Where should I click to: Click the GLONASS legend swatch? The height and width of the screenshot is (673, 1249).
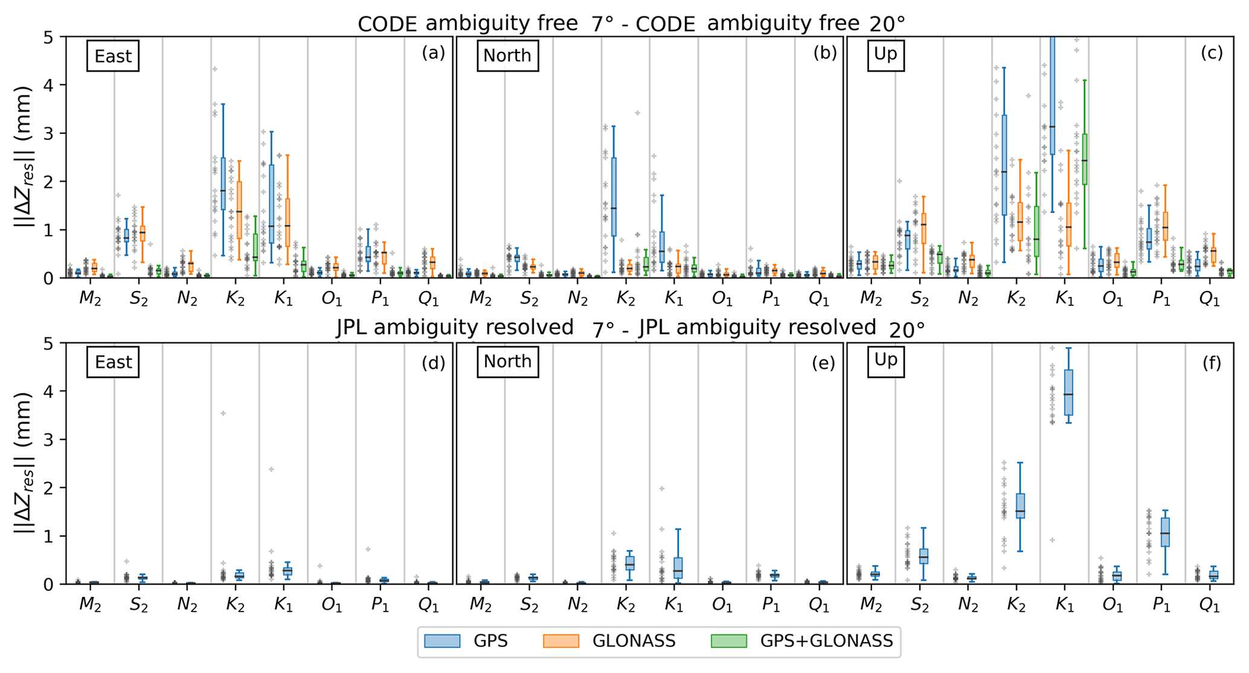[x=560, y=641]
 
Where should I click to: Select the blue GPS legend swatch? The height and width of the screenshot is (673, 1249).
[x=442, y=641]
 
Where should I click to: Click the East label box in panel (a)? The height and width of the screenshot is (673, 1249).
[x=113, y=56]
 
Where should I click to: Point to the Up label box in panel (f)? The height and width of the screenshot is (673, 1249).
[x=885, y=360]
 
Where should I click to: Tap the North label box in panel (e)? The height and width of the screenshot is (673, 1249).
[x=507, y=361]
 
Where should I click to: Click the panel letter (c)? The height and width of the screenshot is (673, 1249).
[x=1212, y=53]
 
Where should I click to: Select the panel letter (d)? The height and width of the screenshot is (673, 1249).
[x=433, y=362]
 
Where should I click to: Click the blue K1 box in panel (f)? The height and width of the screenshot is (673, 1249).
[x=1068, y=392]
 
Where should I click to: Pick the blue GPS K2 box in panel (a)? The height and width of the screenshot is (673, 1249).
[x=223, y=183]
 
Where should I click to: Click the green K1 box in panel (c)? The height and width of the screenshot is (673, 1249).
[x=1085, y=159]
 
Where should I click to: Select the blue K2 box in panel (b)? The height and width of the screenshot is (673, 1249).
[x=614, y=197]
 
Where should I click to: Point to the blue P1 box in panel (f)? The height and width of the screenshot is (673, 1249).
[x=1165, y=532]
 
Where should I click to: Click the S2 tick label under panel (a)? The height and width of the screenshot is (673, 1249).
[x=139, y=299]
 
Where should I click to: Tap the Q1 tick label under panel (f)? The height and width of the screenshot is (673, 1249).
[x=1209, y=605]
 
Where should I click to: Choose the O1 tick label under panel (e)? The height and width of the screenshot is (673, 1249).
[x=722, y=605]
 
